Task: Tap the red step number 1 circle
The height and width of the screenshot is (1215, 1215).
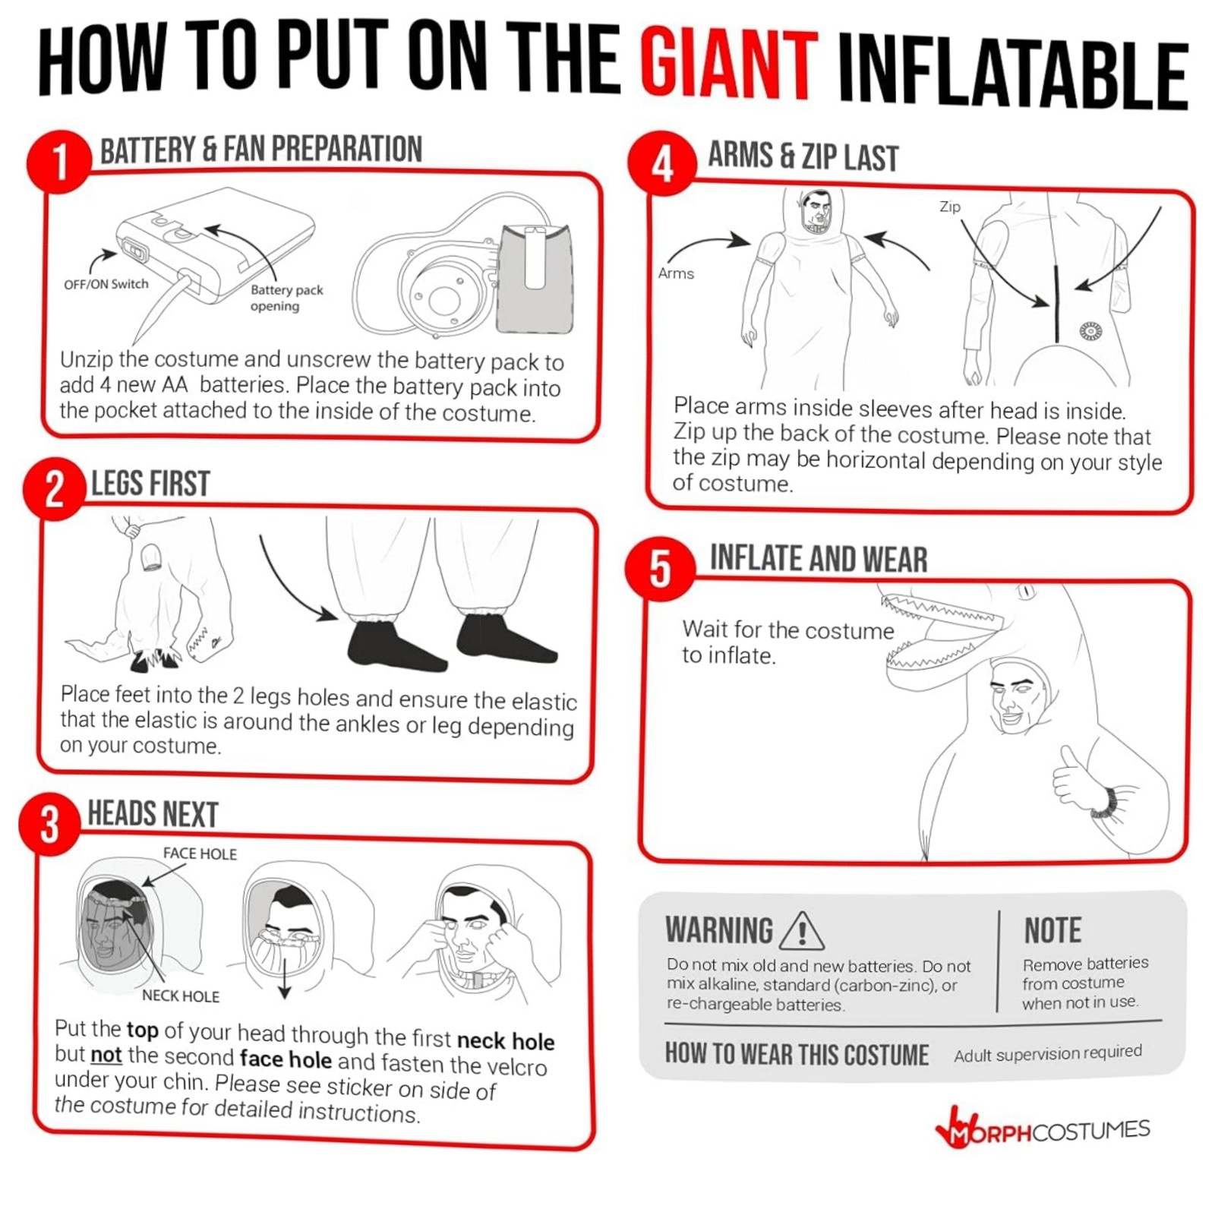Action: pyautogui.click(x=59, y=162)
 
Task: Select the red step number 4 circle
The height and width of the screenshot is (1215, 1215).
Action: pyautogui.click(x=661, y=163)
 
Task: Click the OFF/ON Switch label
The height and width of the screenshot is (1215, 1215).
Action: pyautogui.click(x=106, y=284)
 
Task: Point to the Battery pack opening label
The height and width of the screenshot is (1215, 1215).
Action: pyautogui.click(x=286, y=298)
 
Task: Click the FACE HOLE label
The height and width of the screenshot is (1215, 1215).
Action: pyautogui.click(x=200, y=854)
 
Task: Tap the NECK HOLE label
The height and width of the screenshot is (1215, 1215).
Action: pyautogui.click(x=181, y=996)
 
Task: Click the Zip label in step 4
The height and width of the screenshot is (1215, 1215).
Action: pyautogui.click(x=950, y=207)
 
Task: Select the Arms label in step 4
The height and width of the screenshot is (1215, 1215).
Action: pyautogui.click(x=676, y=273)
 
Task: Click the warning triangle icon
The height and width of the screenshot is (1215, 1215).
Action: pyautogui.click(x=802, y=931)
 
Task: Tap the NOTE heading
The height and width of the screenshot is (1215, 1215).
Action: pyautogui.click(x=1052, y=930)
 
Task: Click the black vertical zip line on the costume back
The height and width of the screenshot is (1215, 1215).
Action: pyautogui.click(x=1056, y=305)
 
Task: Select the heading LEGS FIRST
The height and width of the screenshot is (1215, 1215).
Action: pyautogui.click(x=150, y=484)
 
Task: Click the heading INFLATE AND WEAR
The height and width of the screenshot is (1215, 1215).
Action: pyautogui.click(x=819, y=559)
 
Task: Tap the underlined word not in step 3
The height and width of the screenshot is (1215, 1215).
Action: pyautogui.click(x=106, y=1056)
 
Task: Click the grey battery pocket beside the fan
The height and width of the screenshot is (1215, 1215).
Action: pyautogui.click(x=535, y=279)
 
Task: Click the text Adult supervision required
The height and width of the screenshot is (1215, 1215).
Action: pyautogui.click(x=1048, y=1054)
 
